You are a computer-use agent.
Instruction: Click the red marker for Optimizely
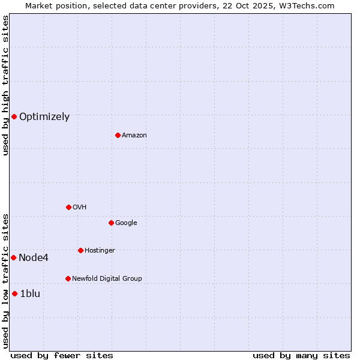tap(14, 116)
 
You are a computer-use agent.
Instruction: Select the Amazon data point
tap(118, 135)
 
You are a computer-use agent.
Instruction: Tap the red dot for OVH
tap(68, 207)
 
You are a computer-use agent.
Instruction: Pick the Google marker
tap(111, 223)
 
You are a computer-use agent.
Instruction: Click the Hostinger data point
tap(80, 250)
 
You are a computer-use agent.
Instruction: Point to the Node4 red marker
tap(13, 257)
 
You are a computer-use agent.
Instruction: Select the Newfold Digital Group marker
tap(68, 278)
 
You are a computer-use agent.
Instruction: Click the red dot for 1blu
tap(14, 293)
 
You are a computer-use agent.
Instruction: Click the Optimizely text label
tap(44, 117)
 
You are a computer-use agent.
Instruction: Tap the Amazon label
tap(134, 136)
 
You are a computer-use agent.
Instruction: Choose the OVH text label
tap(80, 208)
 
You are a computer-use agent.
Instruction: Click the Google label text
tap(126, 223)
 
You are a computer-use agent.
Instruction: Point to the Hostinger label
tap(100, 251)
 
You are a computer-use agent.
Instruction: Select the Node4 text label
tap(34, 258)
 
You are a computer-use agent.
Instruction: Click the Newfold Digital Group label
tap(107, 279)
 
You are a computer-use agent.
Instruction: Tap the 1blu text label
tap(30, 294)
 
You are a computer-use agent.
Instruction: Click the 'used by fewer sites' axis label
tap(62, 355)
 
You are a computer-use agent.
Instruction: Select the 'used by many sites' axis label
tap(301, 355)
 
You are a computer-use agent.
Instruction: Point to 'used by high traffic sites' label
tap(5, 85)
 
